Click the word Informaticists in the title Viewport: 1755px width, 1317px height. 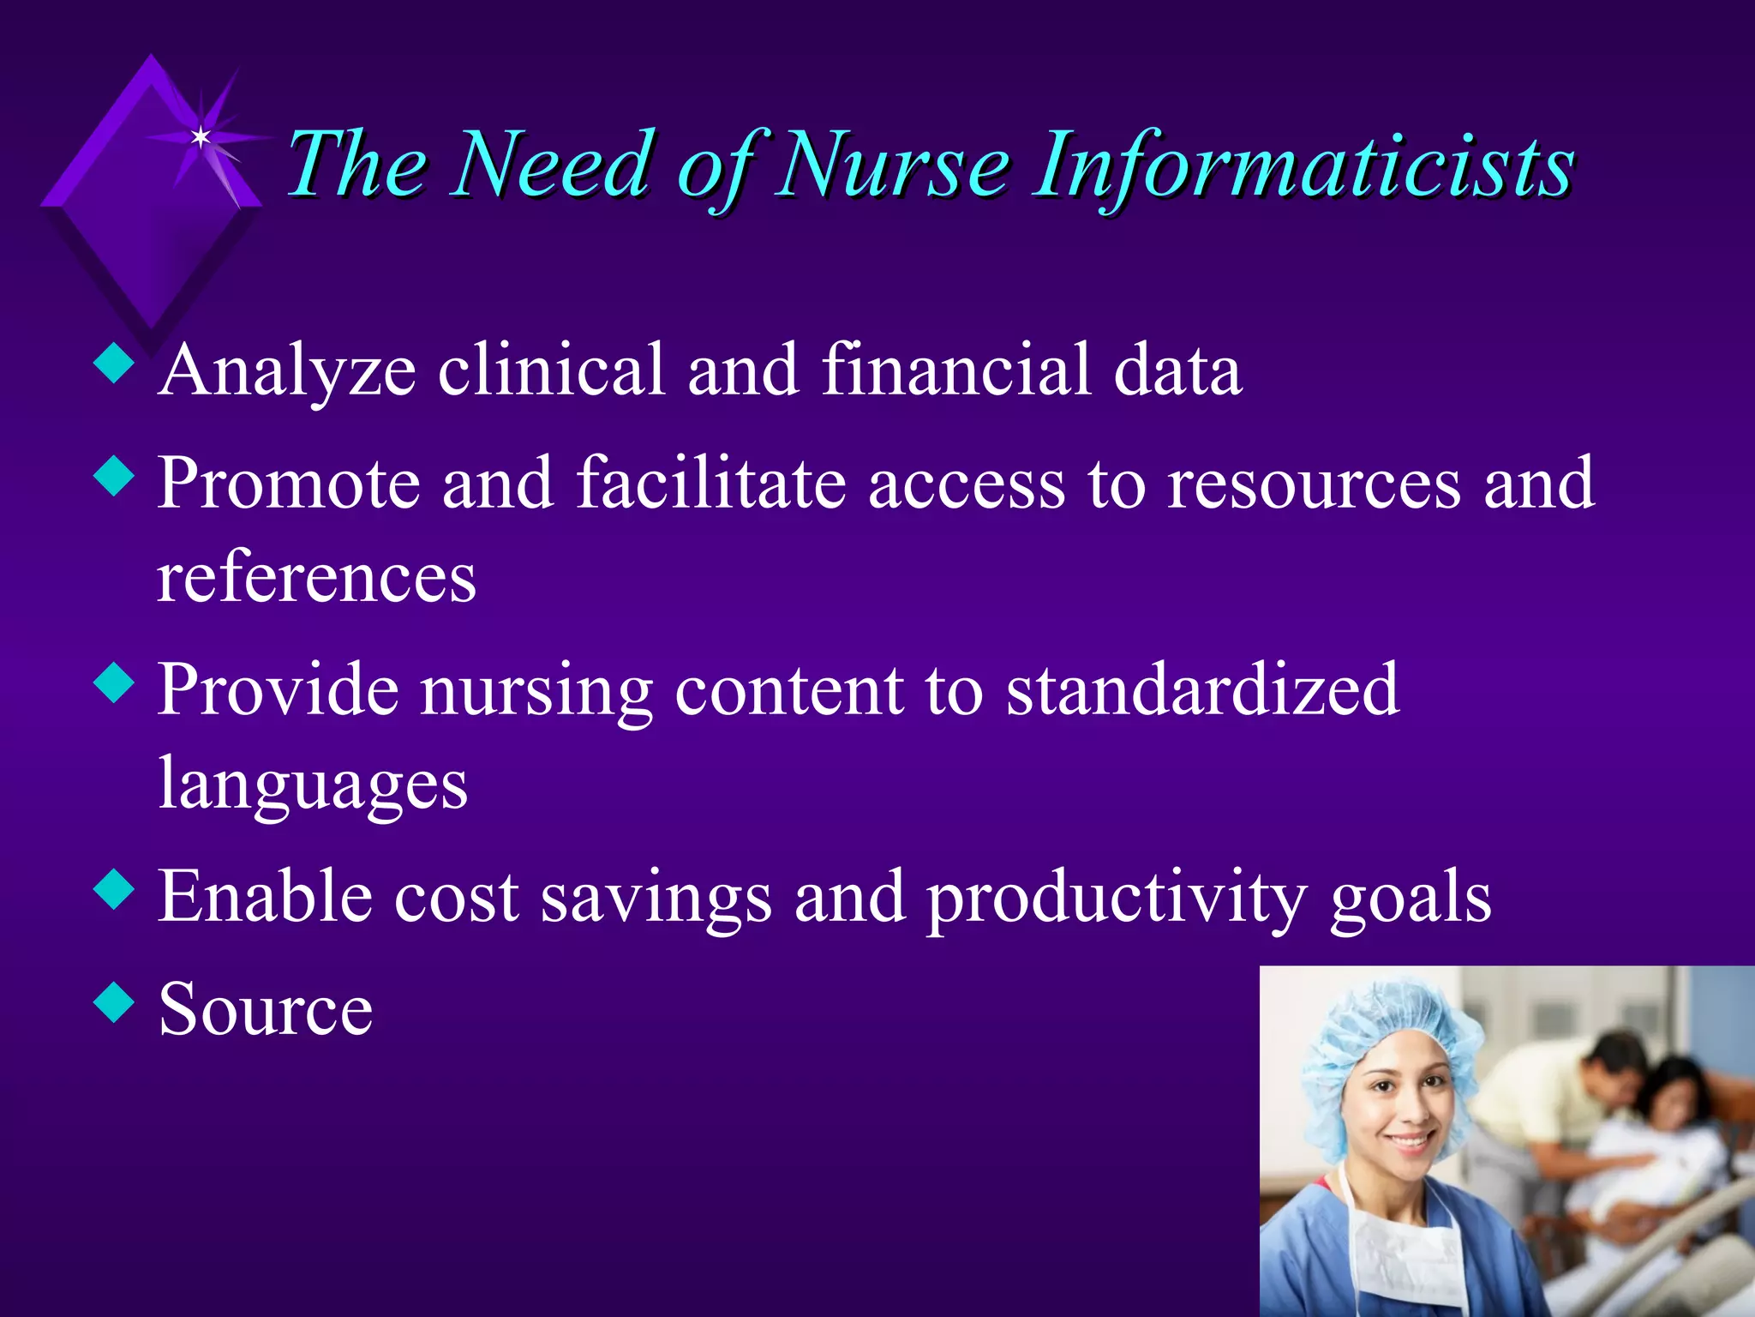1303,165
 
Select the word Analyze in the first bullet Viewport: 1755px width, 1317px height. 287,370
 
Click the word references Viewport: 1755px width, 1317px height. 316,578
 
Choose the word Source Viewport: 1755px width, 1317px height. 266,1010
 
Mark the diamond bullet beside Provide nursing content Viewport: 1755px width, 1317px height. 114,683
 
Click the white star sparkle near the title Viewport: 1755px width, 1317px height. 201,137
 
